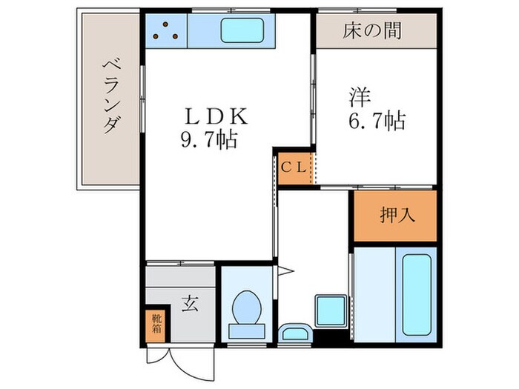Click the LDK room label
point(216,116)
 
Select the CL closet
point(292,167)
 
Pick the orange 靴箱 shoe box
point(156,325)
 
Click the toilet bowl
point(245,308)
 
